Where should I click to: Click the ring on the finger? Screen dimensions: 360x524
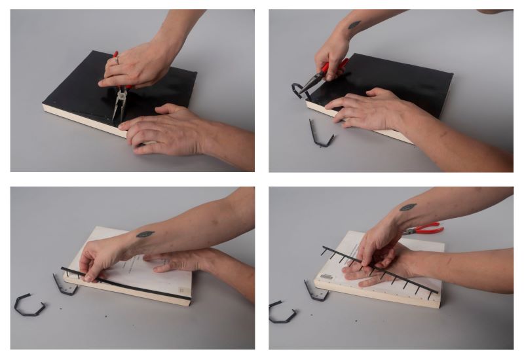[x=117, y=61]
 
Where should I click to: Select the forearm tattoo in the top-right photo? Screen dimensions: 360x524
[x=354, y=25]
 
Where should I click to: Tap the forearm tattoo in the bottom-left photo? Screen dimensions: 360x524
[x=145, y=234]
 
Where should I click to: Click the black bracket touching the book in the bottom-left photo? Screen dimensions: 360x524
[x=64, y=284]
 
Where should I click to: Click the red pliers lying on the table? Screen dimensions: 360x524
[x=422, y=229]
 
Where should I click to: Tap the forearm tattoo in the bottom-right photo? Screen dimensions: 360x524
[x=407, y=207]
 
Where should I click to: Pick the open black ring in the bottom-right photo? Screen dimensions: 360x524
[x=280, y=312]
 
